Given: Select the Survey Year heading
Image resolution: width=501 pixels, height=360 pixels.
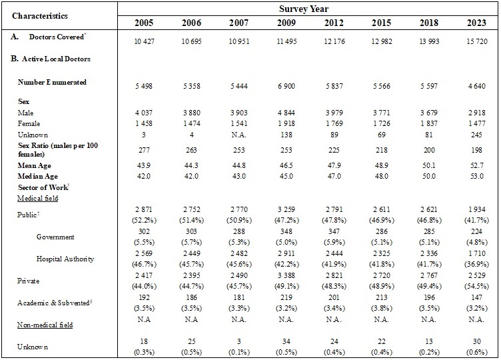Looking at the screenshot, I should [x=307, y=9].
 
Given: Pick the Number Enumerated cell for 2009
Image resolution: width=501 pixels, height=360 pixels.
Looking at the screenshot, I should [x=282, y=87].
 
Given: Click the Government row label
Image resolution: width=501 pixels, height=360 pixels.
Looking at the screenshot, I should [x=55, y=236].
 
